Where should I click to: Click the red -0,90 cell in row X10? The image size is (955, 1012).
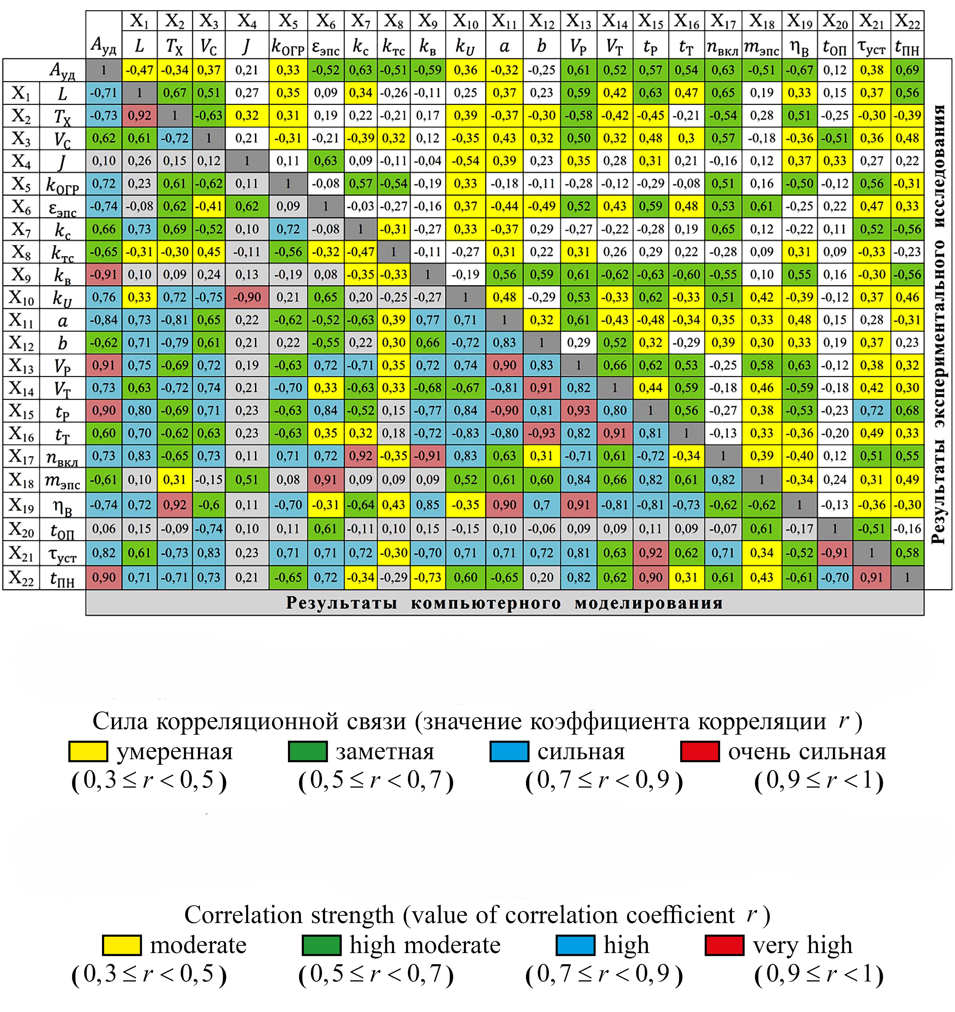pyautogui.click(x=247, y=297)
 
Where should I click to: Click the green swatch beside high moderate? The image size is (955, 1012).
pyautogui.click(x=321, y=945)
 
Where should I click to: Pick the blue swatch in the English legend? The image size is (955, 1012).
pyautogui.click(x=575, y=945)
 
